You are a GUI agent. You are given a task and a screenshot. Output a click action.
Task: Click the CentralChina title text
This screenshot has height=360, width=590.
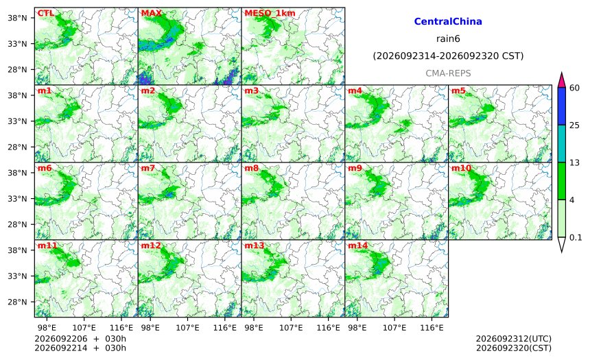(448, 21)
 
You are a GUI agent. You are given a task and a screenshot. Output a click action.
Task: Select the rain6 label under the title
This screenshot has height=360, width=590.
(448, 39)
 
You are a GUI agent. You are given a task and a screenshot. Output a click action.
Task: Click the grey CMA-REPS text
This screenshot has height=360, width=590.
(448, 73)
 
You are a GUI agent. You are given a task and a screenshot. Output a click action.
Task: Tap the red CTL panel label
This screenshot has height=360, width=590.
(45, 13)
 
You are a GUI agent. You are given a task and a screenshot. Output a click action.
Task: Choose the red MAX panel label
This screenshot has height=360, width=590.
(151, 13)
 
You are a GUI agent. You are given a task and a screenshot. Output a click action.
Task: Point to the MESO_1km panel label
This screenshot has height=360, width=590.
(270, 14)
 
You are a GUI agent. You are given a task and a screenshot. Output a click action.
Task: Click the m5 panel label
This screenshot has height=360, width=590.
(458, 91)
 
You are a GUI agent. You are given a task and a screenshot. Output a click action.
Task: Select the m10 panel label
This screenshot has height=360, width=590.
(461, 168)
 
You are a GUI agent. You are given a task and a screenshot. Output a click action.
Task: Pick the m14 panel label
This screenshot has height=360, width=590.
(358, 245)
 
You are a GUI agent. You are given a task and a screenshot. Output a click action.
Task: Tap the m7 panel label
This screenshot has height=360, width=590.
(148, 168)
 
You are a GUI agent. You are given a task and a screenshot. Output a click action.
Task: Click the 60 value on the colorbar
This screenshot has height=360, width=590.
(574, 88)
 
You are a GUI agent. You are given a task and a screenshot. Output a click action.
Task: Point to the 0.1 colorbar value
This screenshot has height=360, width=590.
(576, 237)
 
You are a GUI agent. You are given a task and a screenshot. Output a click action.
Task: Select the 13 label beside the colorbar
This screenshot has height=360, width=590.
(574, 163)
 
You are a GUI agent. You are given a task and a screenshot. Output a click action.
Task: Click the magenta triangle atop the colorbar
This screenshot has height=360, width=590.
(562, 80)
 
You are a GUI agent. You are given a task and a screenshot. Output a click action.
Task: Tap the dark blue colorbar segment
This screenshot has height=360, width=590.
(562, 106)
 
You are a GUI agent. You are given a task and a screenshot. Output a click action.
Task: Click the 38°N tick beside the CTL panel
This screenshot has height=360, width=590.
(17, 18)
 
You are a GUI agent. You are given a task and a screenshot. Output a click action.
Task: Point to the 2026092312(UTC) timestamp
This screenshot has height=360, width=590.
(514, 339)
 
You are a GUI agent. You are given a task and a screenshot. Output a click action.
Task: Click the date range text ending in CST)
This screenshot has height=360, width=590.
(448, 56)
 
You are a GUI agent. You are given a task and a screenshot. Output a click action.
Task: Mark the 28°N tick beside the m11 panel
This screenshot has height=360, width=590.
(17, 302)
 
